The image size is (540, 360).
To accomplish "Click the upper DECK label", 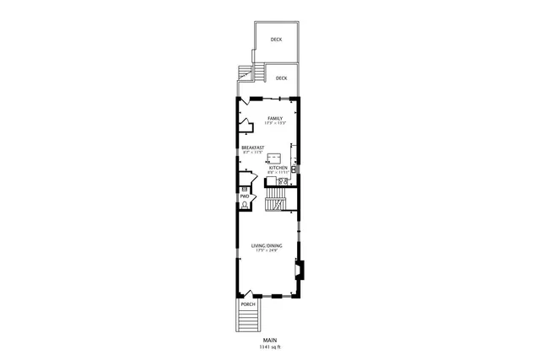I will click(x=276, y=40).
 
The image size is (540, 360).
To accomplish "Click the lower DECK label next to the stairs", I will click(x=280, y=78).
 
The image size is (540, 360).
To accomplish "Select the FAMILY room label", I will click(x=274, y=118).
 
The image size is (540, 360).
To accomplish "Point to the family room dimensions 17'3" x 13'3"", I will click(x=274, y=124).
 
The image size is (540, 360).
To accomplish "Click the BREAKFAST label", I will click(x=253, y=148).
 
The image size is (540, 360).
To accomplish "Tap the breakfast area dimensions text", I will click(x=253, y=153).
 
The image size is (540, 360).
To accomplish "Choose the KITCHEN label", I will click(x=278, y=168).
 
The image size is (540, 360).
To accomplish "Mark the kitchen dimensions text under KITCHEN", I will click(x=278, y=173).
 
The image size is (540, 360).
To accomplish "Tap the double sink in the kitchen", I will click(x=284, y=180).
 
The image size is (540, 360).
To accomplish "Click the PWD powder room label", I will click(x=244, y=196).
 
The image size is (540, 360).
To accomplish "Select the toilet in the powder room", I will click(x=244, y=204).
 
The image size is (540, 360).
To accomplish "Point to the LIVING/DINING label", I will click(x=267, y=245).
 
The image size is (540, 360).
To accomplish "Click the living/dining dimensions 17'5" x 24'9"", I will click(x=267, y=250).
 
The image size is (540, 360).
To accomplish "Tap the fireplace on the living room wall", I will click(x=298, y=271).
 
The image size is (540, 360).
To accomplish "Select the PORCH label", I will click(x=247, y=304).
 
